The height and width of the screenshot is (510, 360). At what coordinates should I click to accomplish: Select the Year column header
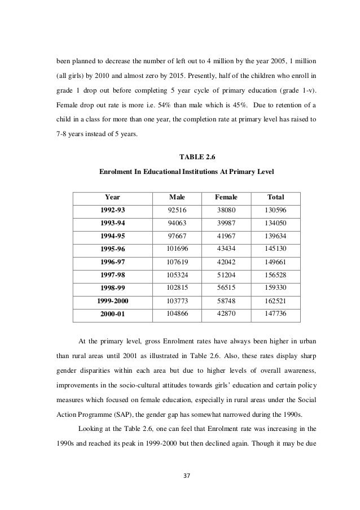point(112,197)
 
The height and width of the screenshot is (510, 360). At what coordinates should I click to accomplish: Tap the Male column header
point(177,197)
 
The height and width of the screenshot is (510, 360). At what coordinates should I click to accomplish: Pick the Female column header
point(226,197)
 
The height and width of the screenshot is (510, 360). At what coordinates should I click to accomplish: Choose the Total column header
point(275,197)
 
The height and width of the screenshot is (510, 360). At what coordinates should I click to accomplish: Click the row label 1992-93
point(112,210)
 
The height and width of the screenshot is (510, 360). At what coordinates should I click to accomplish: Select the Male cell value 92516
point(177,210)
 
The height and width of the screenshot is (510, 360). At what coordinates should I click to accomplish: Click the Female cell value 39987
point(226,222)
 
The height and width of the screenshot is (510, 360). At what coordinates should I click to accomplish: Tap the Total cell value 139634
point(275,235)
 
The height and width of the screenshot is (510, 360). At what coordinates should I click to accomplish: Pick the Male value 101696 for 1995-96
point(177,247)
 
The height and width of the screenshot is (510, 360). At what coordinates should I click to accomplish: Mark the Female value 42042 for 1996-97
point(226,260)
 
